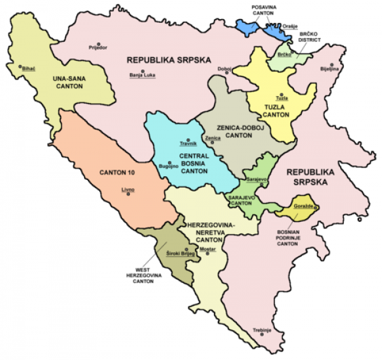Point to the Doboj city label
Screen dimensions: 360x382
pos(224,68)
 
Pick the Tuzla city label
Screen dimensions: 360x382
pos(281,98)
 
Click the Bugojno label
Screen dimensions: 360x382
pos(167,167)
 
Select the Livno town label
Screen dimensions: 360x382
pos(128,189)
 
